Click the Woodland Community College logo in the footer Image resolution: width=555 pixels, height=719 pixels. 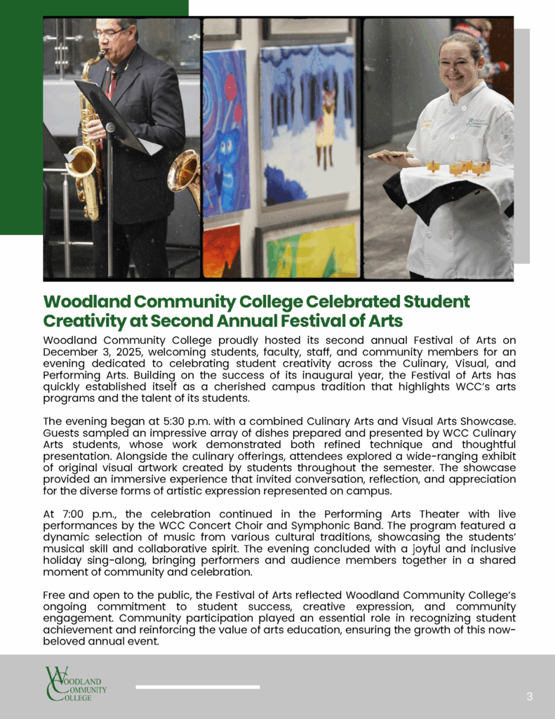pos(75,683)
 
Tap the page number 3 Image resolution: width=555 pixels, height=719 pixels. pos(530,697)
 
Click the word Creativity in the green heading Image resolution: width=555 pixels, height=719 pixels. pos(78,321)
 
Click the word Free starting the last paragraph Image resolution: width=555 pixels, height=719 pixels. pos(55,595)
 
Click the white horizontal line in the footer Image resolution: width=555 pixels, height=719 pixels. pos(197,687)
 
